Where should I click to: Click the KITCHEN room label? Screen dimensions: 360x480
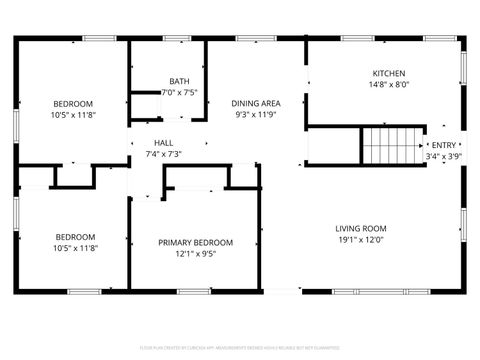pyautogui.click(x=389, y=74)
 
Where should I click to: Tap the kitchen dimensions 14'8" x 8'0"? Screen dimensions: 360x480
pyautogui.click(x=389, y=86)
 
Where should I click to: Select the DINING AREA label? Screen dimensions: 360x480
pyautogui.click(x=256, y=103)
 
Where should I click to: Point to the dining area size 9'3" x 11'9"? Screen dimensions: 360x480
pyautogui.click(x=256, y=115)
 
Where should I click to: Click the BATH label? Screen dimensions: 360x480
pyautogui.click(x=179, y=81)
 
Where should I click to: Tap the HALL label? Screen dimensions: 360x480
pyautogui.click(x=163, y=142)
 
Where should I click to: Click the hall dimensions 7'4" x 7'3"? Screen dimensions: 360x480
pyautogui.click(x=163, y=154)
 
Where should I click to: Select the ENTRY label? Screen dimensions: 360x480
pyautogui.click(x=443, y=145)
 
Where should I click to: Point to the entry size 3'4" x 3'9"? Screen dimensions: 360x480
pyautogui.click(x=443, y=156)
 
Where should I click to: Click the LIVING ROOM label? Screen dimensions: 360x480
pyautogui.click(x=360, y=228)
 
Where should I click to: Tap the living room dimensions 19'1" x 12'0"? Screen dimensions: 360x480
pyautogui.click(x=360, y=240)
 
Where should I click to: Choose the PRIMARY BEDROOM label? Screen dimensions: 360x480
pyautogui.click(x=195, y=242)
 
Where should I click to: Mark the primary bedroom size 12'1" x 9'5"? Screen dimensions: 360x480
pyautogui.click(x=195, y=254)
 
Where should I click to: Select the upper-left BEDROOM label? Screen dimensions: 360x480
pyautogui.click(x=73, y=104)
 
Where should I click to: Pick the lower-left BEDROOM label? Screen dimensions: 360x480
pyautogui.click(x=75, y=237)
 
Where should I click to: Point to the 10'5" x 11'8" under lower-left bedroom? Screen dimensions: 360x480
pyautogui.click(x=75, y=249)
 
